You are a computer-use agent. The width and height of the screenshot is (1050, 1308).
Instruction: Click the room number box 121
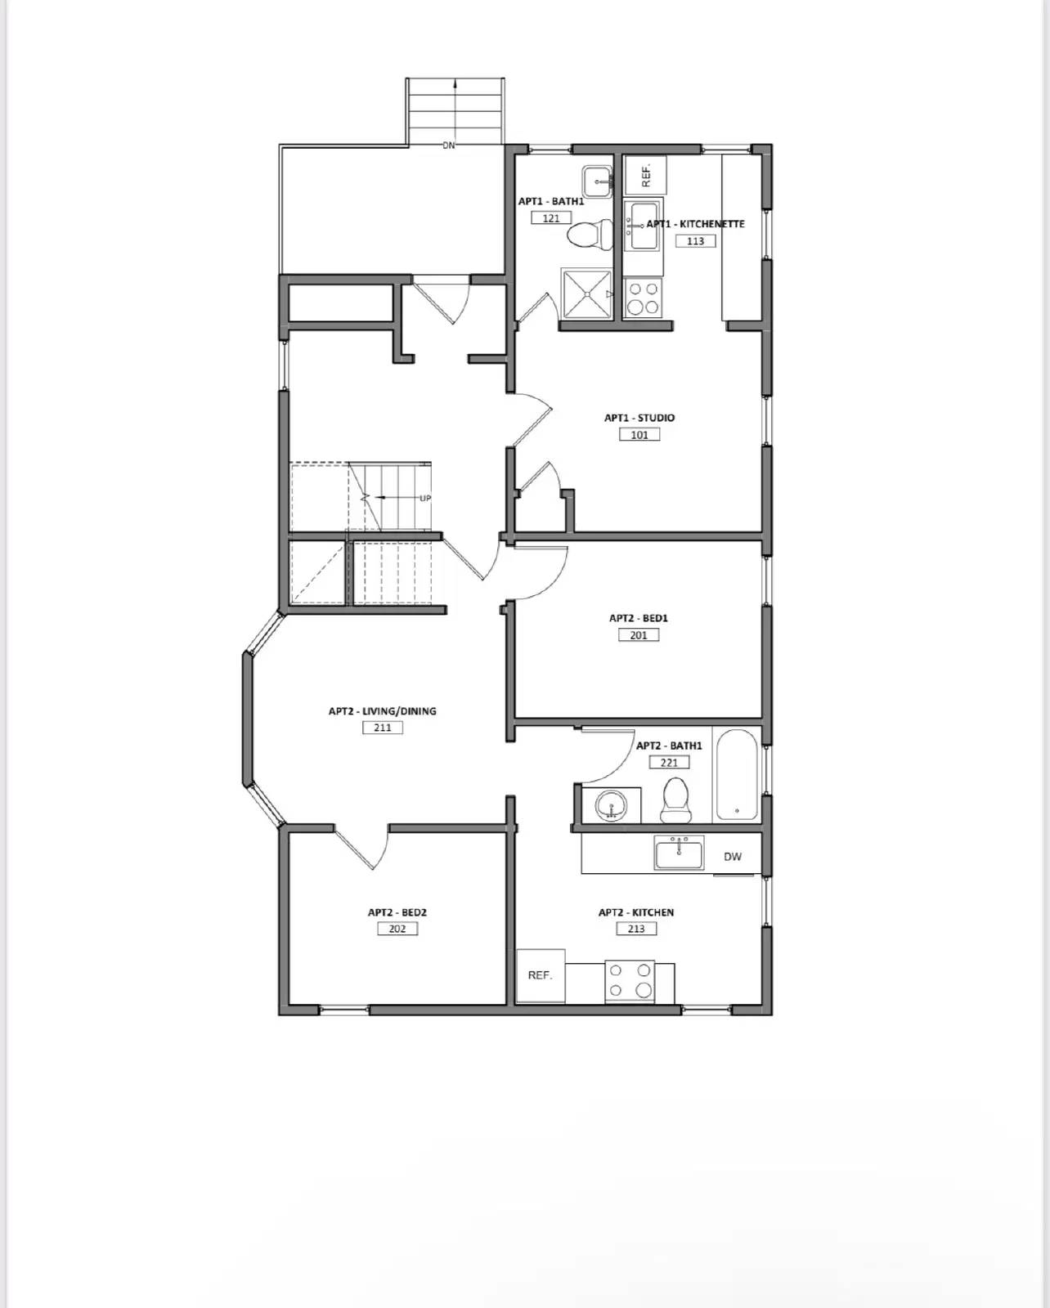tap(551, 218)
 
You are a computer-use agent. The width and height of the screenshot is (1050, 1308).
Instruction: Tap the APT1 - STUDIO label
tap(639, 418)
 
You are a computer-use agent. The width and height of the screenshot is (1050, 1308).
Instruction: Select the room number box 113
tap(695, 241)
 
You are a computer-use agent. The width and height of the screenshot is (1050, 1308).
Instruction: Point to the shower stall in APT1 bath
tap(586, 294)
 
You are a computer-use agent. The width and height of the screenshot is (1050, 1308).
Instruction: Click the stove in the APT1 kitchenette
tap(643, 298)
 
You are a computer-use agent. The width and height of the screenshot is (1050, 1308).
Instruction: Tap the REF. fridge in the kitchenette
tap(645, 175)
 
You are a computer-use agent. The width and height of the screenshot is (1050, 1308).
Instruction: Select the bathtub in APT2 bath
tap(737, 775)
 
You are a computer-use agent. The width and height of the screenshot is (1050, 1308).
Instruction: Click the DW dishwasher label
tap(733, 857)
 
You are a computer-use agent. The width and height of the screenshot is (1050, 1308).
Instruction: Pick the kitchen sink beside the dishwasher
tap(679, 853)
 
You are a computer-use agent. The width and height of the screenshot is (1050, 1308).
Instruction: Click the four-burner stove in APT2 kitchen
tap(630, 981)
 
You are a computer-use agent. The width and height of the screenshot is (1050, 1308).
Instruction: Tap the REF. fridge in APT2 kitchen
tap(540, 975)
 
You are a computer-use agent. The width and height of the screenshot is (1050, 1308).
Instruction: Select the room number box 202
tap(397, 929)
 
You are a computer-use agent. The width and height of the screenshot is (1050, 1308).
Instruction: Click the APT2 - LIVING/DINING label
tap(382, 711)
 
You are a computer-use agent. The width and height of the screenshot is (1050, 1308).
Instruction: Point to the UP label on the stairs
tap(425, 498)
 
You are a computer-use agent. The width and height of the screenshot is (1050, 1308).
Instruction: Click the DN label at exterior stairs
tap(448, 146)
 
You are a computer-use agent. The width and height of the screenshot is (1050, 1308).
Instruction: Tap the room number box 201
tap(638, 635)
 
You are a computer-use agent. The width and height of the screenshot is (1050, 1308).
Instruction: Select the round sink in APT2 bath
tap(610, 807)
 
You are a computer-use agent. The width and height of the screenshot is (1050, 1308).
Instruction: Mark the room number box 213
tap(636, 929)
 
